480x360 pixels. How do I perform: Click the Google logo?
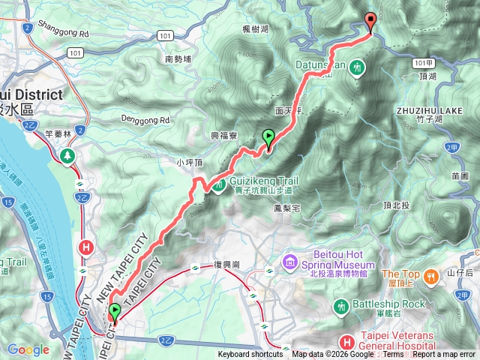point(28,349)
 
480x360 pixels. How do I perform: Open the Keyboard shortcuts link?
point(250,355)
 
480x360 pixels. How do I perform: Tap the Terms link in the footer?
point(393,355)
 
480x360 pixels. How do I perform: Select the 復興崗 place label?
point(226,265)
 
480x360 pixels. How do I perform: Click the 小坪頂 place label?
point(189,161)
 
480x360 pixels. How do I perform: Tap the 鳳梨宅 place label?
point(288,208)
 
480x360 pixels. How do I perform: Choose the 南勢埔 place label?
point(178,58)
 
